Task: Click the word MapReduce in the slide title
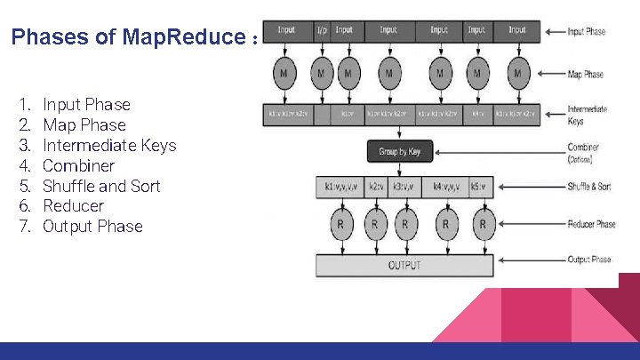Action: [182, 38]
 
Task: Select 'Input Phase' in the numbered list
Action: [86, 105]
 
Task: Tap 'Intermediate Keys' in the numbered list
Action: [109, 146]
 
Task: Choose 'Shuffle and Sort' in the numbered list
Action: [102, 186]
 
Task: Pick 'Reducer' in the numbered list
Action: [73, 206]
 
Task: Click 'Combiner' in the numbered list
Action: [78, 166]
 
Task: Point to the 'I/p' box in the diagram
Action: [321, 30]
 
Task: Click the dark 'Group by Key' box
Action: [399, 151]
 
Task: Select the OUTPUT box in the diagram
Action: [404, 265]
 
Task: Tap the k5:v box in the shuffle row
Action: [478, 187]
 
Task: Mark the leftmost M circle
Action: [284, 73]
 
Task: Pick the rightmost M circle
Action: [517, 73]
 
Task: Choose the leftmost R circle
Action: [340, 224]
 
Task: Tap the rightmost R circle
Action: [482, 224]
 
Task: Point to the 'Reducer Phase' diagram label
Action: [592, 224]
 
